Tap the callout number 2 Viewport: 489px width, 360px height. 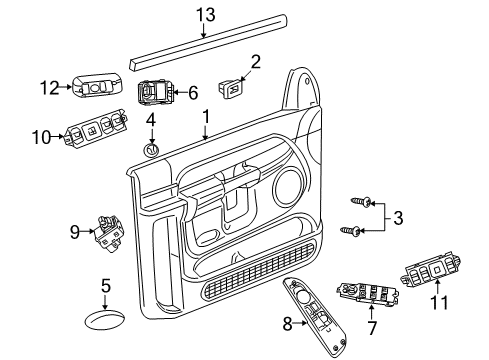pyautogui.click(x=254, y=63)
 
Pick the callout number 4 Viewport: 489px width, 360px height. pyautogui.click(x=152, y=122)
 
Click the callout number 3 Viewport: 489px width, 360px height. pyautogui.click(x=399, y=217)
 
